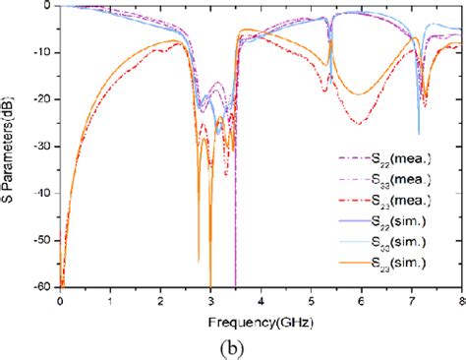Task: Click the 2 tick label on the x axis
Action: click(160, 298)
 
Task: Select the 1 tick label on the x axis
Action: click(110, 298)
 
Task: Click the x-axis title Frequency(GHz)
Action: click(259, 320)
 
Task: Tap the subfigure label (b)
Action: click(259, 345)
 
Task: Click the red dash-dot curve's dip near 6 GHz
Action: click(360, 123)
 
